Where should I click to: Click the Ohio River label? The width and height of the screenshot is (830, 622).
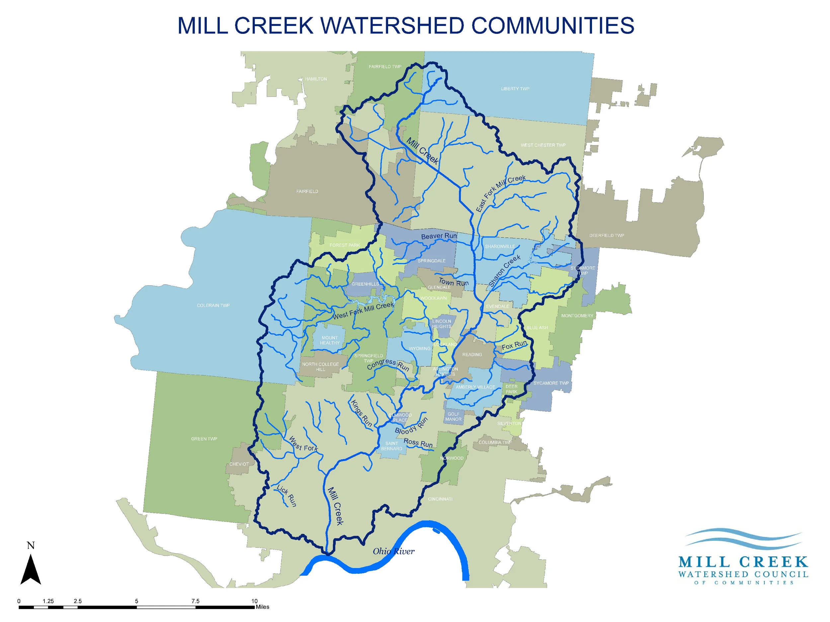[x=393, y=551]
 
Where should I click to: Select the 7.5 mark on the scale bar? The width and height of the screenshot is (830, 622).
[x=195, y=601]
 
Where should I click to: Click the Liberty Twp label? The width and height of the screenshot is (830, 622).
[x=515, y=89]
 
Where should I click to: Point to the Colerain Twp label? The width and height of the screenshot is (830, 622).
[x=213, y=306]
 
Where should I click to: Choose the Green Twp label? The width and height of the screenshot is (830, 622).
[x=204, y=439]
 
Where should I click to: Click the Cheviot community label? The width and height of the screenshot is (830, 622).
[x=239, y=464]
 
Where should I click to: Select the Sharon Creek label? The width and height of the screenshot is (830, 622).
[x=505, y=271]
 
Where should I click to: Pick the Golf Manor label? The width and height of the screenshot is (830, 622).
[x=453, y=417]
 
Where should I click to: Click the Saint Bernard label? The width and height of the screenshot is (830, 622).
[x=391, y=446]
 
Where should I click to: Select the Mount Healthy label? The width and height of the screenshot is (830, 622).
[x=329, y=340]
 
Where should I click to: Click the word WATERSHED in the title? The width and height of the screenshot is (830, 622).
[x=392, y=26]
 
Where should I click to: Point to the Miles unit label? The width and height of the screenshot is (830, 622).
[x=262, y=607]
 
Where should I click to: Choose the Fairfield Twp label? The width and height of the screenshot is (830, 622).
[x=385, y=67]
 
